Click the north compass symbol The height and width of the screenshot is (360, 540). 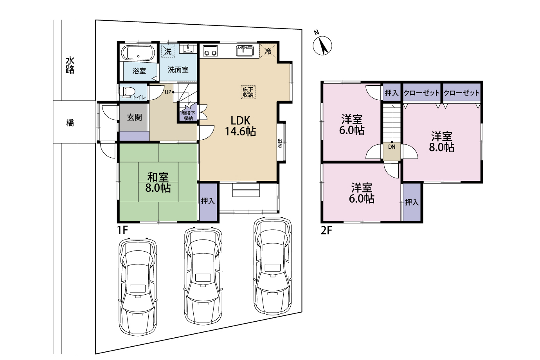[x=322, y=45]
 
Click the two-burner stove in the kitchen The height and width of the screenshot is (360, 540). [x=210, y=51]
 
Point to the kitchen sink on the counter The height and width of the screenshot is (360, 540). [x=245, y=50]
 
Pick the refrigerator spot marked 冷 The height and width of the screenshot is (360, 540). [x=268, y=51]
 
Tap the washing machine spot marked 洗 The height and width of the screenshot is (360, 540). [x=168, y=51]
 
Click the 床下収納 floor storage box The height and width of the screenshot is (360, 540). [x=248, y=92]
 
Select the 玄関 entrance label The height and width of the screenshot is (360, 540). [x=134, y=117]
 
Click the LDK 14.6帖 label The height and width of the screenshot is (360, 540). [x=240, y=126]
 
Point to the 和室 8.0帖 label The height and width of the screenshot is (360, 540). [x=158, y=182]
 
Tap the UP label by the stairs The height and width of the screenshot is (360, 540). [x=168, y=92]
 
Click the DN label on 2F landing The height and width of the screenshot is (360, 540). [x=392, y=147]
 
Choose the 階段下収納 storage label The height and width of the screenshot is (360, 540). [x=188, y=115]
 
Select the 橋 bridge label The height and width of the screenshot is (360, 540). [x=70, y=123]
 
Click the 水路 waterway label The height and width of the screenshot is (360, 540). [x=70, y=65]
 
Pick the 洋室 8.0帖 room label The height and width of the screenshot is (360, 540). [x=442, y=142]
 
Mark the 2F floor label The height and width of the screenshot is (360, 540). [x=326, y=231]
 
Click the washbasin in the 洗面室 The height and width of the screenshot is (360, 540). [x=188, y=49]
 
